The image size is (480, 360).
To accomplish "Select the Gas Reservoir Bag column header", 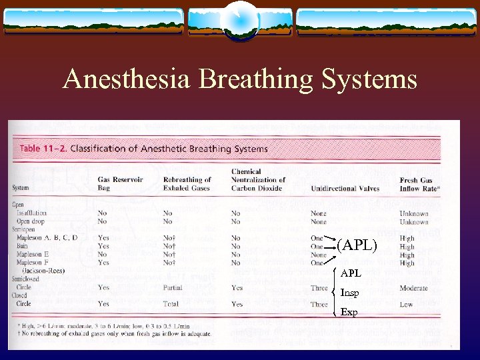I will pos(120,183).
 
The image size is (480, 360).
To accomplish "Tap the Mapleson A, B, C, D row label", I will pos(47,238).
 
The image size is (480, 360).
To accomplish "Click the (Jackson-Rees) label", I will pos(44,271).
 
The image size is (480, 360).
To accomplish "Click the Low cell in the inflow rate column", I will pos(406,304).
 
